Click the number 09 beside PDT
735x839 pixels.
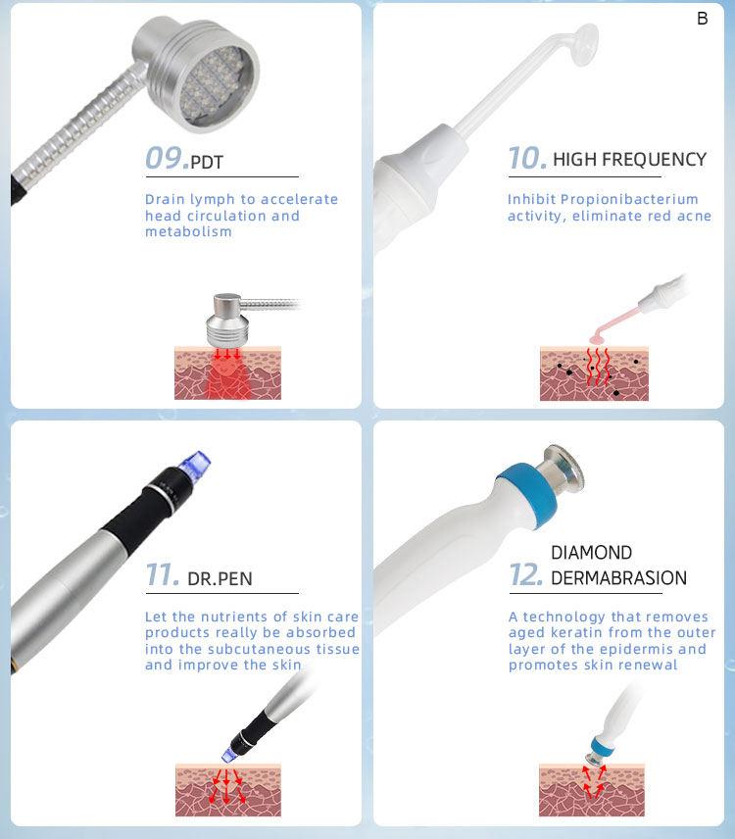click(166, 159)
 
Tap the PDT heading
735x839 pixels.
click(207, 162)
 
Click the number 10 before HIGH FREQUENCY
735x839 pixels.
click(526, 159)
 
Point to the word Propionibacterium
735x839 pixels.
click(629, 200)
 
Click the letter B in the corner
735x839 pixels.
click(703, 19)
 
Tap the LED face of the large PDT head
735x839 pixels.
click(213, 85)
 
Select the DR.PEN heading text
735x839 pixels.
click(220, 579)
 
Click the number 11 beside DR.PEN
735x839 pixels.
click(162, 575)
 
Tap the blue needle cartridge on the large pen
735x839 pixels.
click(195, 464)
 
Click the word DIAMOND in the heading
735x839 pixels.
click(591, 553)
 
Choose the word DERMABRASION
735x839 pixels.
click(618, 578)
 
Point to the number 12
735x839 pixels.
click(526, 575)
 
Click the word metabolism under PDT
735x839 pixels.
click(188, 232)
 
